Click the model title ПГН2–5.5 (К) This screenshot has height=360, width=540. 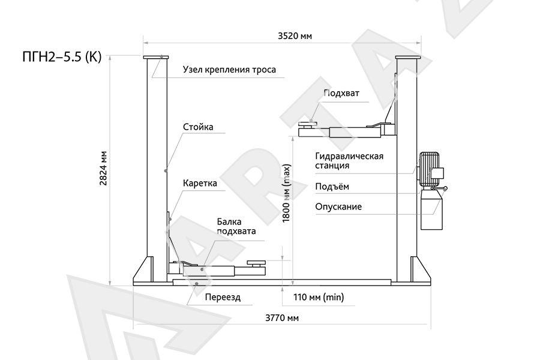(x=62, y=57)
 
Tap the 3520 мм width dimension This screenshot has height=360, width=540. (x=295, y=36)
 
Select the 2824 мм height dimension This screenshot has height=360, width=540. (x=103, y=169)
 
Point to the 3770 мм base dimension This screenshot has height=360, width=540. (x=282, y=317)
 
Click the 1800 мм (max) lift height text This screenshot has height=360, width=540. (x=287, y=193)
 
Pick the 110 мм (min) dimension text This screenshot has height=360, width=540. (x=319, y=297)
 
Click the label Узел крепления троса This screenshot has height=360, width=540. (x=229, y=70)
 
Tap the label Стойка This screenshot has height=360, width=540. (x=198, y=127)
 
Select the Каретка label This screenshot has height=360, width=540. (x=200, y=183)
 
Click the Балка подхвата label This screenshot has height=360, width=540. (x=236, y=226)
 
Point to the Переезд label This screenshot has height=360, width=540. (x=223, y=297)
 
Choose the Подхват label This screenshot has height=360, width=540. (x=341, y=94)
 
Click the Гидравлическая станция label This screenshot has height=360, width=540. (x=349, y=161)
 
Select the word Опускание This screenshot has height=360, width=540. (x=338, y=206)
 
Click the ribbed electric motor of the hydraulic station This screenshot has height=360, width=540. (x=429, y=170)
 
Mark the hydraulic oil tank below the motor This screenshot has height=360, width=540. (x=431, y=210)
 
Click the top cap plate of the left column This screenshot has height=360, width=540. (x=156, y=57)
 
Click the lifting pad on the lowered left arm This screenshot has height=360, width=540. (x=257, y=263)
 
